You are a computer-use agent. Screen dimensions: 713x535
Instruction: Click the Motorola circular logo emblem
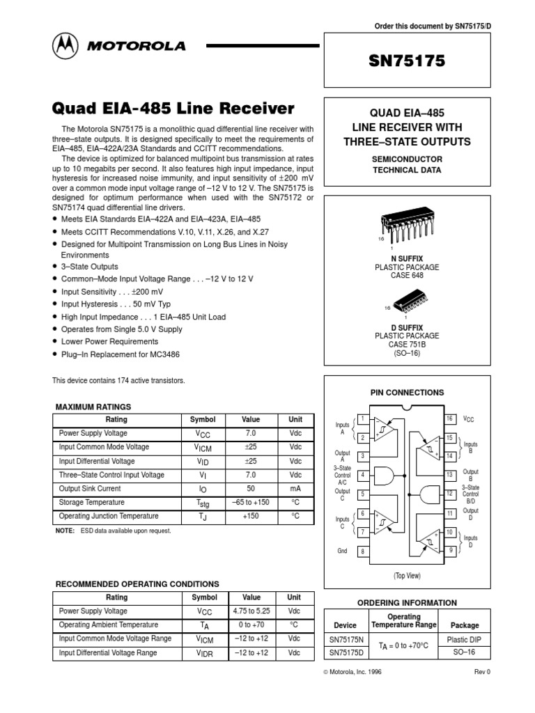coord(65,47)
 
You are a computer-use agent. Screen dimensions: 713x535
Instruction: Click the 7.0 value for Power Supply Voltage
coord(250,433)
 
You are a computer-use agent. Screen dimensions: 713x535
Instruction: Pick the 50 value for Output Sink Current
coord(250,489)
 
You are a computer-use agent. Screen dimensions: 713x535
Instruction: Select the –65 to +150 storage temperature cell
coord(250,503)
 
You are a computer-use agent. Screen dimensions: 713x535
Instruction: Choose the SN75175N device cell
coord(346,639)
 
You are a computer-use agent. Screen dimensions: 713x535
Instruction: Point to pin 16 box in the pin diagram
coord(451,418)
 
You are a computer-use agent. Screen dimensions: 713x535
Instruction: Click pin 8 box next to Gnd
coord(362,551)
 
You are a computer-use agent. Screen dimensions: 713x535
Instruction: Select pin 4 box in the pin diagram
coord(362,475)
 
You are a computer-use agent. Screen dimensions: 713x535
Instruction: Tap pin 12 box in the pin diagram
coord(451,494)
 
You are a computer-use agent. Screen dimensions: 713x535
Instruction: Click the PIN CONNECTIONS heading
coord(407,393)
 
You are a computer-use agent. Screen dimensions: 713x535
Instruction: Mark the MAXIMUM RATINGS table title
coord(93,407)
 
